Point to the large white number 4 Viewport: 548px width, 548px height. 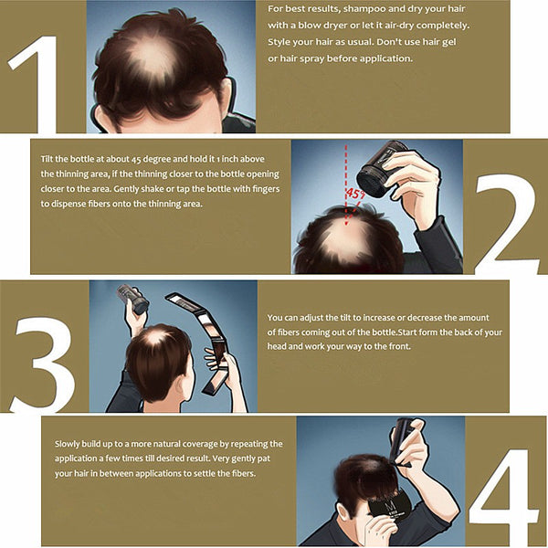coord(503,496)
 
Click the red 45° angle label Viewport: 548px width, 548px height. coord(355,194)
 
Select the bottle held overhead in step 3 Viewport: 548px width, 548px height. coord(133,298)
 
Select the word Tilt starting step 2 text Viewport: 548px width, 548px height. coord(47,159)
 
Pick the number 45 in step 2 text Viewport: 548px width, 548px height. coord(137,159)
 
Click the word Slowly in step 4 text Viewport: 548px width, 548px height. coord(67,444)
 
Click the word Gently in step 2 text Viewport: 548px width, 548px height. coord(125,189)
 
